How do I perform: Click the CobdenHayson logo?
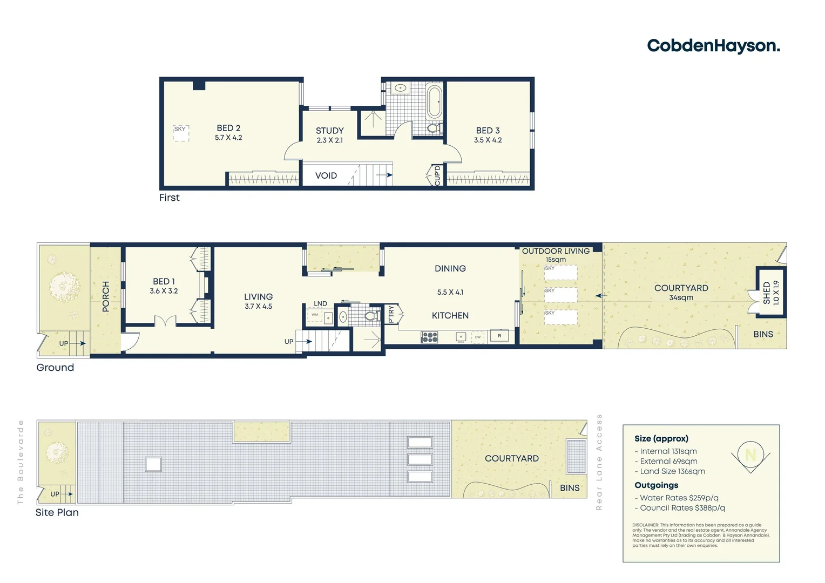(x=713, y=46)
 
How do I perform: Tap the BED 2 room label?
(x=228, y=128)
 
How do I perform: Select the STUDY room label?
(x=329, y=131)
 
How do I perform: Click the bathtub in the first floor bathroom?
(x=434, y=101)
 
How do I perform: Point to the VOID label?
(x=326, y=175)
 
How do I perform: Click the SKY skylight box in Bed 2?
(x=181, y=133)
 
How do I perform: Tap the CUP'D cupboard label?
(x=437, y=175)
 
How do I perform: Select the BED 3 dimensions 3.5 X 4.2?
(x=488, y=140)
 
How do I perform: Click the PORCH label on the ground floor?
(x=106, y=296)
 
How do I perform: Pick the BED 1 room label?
(x=164, y=281)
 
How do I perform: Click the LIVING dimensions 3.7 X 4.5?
(x=258, y=307)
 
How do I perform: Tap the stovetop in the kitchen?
(x=429, y=337)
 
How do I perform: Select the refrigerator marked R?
(x=499, y=336)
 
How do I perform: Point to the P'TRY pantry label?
(x=391, y=314)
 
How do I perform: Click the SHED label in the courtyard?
(x=767, y=293)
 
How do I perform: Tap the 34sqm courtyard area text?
(x=681, y=298)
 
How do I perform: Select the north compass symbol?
(x=750, y=455)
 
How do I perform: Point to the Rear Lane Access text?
(x=599, y=462)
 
